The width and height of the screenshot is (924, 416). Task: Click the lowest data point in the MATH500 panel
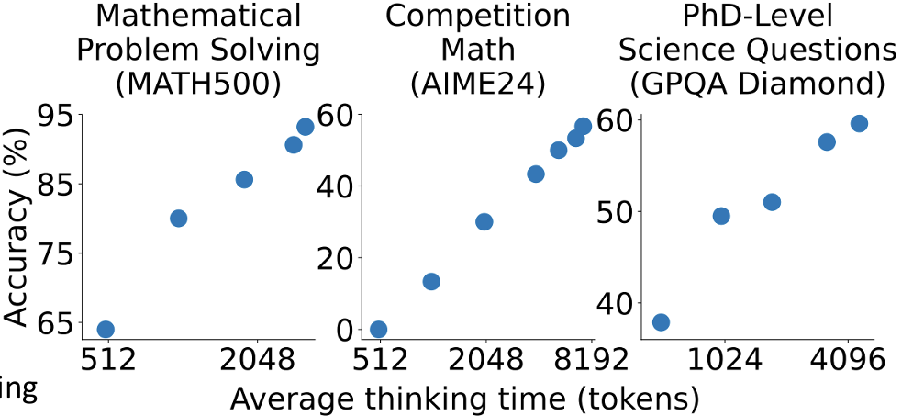click(x=106, y=330)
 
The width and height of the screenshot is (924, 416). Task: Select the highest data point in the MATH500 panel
click(x=306, y=127)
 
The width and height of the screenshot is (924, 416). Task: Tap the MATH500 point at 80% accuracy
click(x=179, y=219)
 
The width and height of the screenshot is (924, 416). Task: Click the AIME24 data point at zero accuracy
click(x=378, y=330)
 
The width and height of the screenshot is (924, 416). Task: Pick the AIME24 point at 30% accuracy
click(x=484, y=221)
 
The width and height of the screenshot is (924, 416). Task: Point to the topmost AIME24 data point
click(x=583, y=127)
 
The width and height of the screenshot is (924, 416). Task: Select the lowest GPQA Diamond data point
click(x=661, y=322)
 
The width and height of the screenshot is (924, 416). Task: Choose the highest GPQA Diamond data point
click(x=860, y=124)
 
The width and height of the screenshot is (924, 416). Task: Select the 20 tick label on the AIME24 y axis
click(x=335, y=258)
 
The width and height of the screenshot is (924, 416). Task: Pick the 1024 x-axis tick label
click(x=725, y=359)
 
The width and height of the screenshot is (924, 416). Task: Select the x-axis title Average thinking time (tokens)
click(x=464, y=399)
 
